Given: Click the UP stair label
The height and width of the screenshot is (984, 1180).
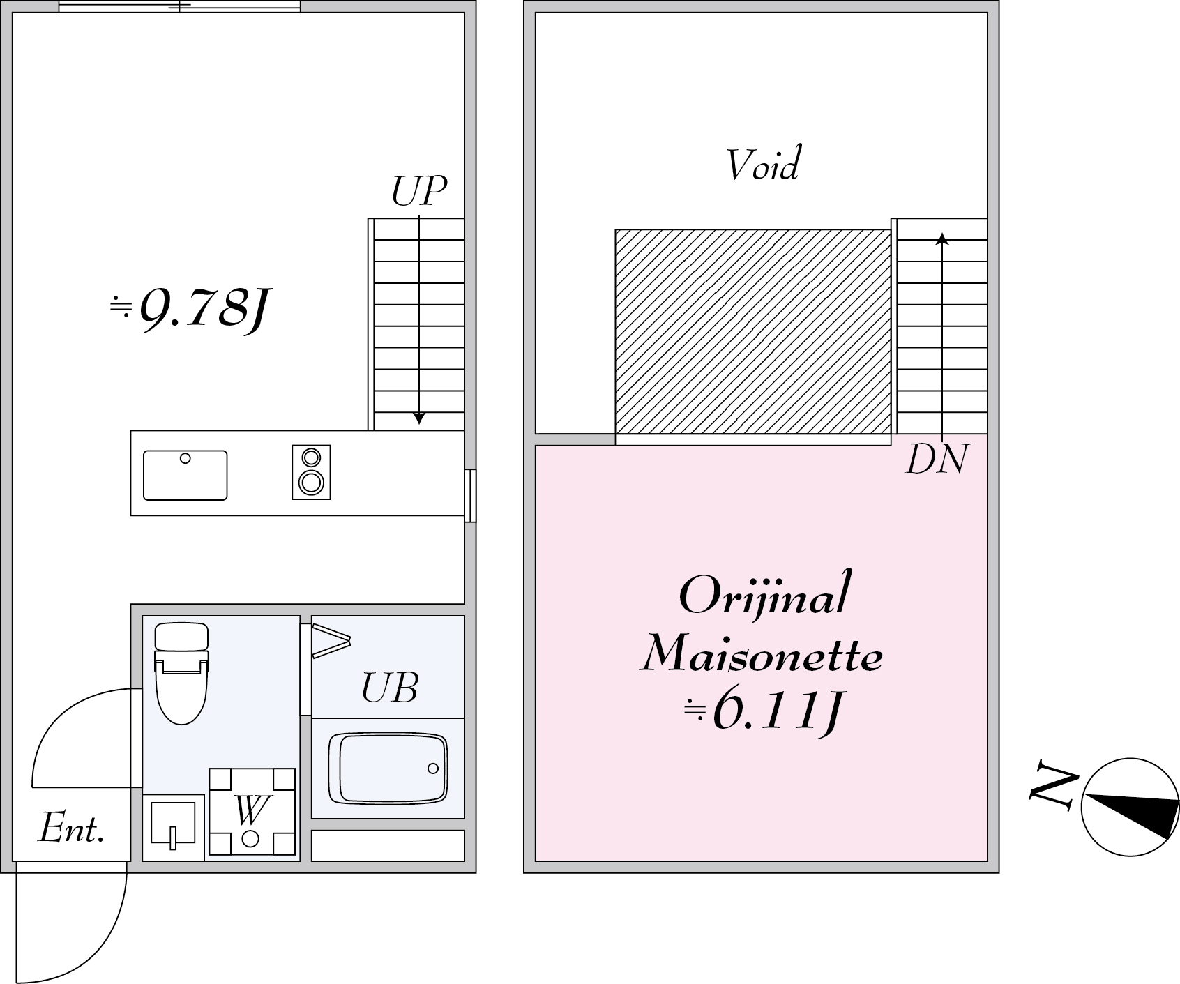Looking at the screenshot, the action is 418,191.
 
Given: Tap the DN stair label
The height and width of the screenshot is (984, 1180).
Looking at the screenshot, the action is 937,460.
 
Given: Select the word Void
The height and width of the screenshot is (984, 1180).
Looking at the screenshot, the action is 762,165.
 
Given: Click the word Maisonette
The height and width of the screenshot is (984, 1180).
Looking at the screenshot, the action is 762,656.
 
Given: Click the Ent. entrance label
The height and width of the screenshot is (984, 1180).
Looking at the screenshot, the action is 71,829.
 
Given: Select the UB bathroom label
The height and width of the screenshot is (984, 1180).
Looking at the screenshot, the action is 389,688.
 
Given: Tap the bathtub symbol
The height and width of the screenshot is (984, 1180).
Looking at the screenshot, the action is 388,768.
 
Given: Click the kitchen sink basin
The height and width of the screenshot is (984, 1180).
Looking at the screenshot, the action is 185,475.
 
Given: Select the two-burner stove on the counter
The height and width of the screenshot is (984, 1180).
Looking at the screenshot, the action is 311,472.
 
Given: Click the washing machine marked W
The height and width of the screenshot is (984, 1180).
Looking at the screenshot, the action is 252,812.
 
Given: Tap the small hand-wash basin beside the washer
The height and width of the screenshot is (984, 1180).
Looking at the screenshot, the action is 173,827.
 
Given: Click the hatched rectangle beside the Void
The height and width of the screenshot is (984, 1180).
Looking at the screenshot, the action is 752,332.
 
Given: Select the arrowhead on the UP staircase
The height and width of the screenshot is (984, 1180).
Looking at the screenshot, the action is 418,418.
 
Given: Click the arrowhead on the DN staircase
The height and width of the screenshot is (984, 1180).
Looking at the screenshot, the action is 942,239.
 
